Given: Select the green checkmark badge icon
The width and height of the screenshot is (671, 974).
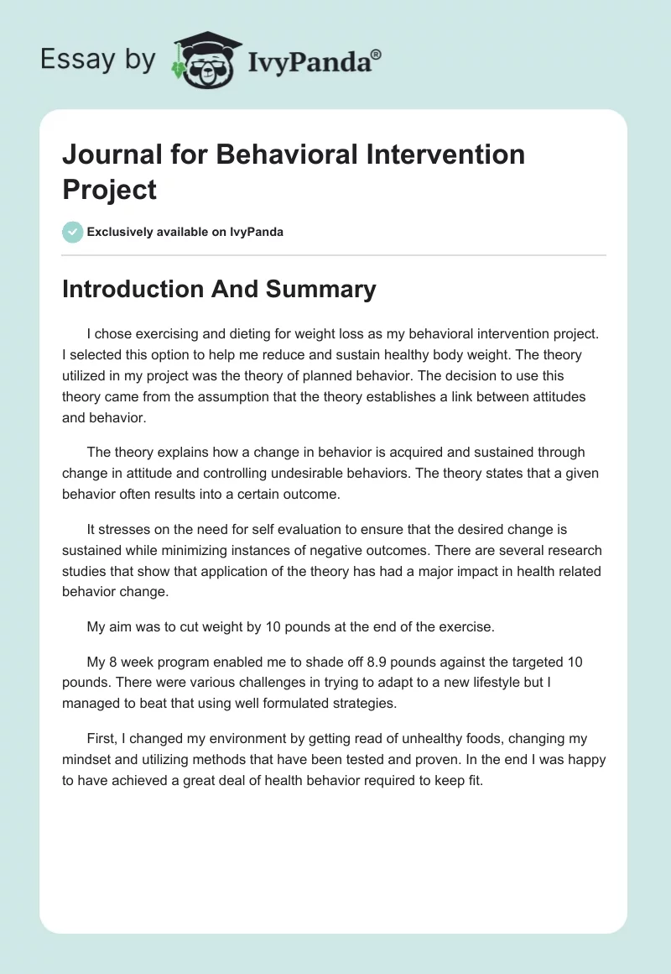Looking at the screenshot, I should (73, 232).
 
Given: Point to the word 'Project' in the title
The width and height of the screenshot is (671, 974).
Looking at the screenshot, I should (109, 190).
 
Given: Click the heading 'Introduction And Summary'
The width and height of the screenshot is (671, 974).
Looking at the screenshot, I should (219, 289).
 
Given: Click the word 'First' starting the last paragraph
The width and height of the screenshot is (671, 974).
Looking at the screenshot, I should (103, 738).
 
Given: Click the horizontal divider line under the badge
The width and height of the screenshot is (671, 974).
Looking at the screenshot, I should (334, 254).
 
